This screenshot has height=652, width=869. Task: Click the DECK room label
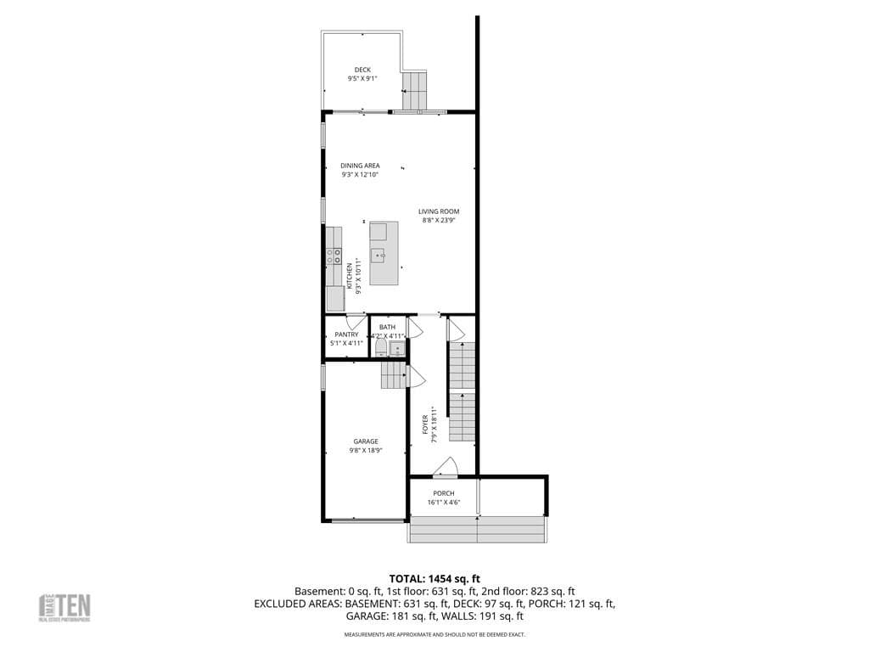(362, 70)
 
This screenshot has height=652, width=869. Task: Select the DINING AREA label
(360, 166)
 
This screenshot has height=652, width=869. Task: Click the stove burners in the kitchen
(334, 256)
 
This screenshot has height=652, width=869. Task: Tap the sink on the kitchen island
(382, 255)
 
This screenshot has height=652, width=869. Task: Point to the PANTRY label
(346, 334)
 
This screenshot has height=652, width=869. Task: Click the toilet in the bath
(381, 348)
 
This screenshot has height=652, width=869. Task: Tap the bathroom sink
(398, 348)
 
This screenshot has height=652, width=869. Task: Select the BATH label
(387, 327)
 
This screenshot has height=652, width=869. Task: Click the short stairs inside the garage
(394, 374)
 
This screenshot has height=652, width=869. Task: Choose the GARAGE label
(366, 441)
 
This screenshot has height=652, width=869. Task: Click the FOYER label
(426, 424)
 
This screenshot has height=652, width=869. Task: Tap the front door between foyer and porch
(445, 467)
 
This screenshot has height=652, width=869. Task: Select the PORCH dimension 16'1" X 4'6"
(444, 503)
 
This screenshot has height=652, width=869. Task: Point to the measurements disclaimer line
(434, 634)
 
